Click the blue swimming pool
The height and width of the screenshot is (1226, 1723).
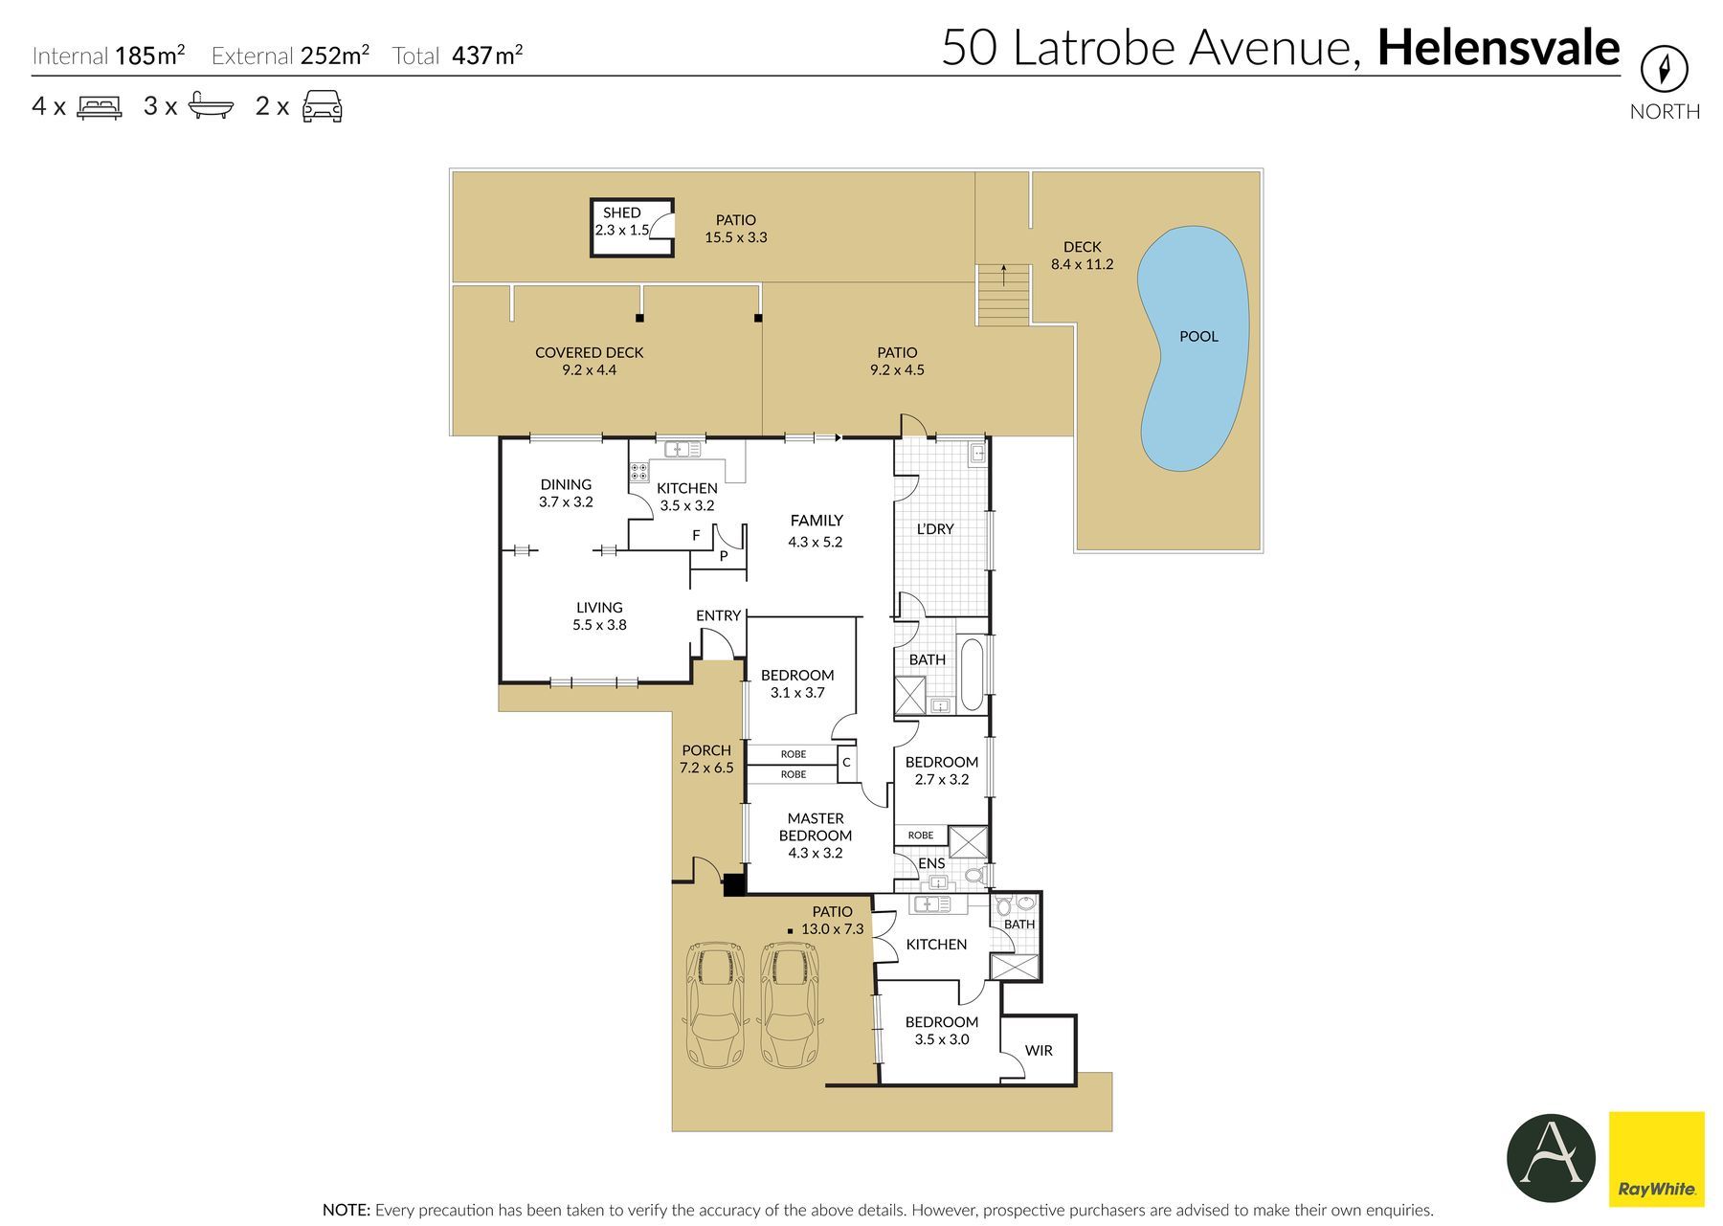pyautogui.click(x=1194, y=349)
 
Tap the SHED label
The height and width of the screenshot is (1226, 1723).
pyautogui.click(x=621, y=212)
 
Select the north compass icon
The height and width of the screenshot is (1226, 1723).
pyautogui.click(x=1665, y=69)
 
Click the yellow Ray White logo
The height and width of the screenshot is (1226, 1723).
pyautogui.click(x=1657, y=1159)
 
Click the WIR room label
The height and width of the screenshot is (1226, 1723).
pyautogui.click(x=1039, y=1050)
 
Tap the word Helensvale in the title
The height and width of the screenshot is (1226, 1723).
pyautogui.click(x=1498, y=48)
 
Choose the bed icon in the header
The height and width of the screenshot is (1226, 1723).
pyautogui.click(x=100, y=106)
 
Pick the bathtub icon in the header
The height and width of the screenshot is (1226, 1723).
pyautogui.click(x=211, y=105)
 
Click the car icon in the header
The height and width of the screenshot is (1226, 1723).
pyautogui.click(x=323, y=106)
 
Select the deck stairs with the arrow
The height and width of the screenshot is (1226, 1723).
pyautogui.click(x=1003, y=295)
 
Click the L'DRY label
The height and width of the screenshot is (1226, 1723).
pyautogui.click(x=935, y=528)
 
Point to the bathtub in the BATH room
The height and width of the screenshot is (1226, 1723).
pyautogui.click(x=971, y=674)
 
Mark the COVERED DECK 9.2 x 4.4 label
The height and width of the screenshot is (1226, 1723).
pyautogui.click(x=590, y=361)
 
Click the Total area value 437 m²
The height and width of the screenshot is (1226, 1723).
pyautogui.click(x=487, y=55)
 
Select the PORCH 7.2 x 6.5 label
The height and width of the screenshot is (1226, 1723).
pyautogui.click(x=706, y=759)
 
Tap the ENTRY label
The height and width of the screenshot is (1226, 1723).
pyautogui.click(x=719, y=615)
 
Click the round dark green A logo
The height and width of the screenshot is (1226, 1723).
pyautogui.click(x=1551, y=1158)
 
